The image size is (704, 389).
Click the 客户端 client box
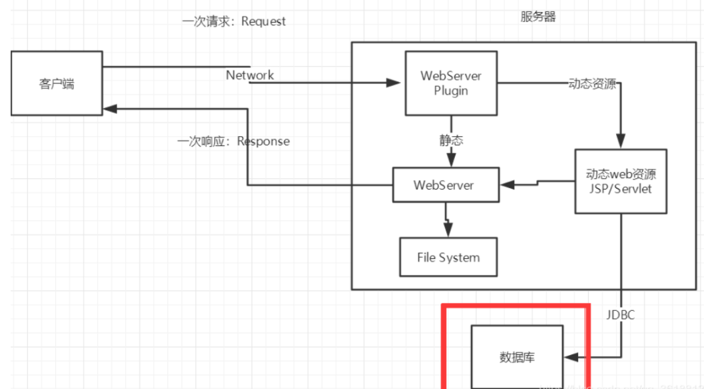(x=56, y=84)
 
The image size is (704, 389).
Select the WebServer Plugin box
(x=451, y=83)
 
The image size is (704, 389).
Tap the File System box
(x=448, y=257)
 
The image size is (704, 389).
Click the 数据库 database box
(x=516, y=357)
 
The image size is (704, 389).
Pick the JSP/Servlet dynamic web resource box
(x=621, y=181)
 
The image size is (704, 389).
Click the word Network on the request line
(x=250, y=75)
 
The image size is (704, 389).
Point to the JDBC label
(x=620, y=315)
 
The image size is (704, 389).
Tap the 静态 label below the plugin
(x=451, y=140)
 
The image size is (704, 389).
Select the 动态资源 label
(x=592, y=85)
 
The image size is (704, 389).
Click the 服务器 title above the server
(x=537, y=17)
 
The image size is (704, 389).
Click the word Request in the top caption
(x=263, y=21)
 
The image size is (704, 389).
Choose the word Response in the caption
(x=263, y=141)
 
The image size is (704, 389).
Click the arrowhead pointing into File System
(x=449, y=231)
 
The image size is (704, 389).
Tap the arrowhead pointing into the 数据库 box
(x=569, y=358)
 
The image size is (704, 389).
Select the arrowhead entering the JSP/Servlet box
(x=620, y=142)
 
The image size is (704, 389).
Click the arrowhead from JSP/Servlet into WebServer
(x=506, y=183)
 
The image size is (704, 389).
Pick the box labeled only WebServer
(x=444, y=184)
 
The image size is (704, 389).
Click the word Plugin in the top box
(x=451, y=91)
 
